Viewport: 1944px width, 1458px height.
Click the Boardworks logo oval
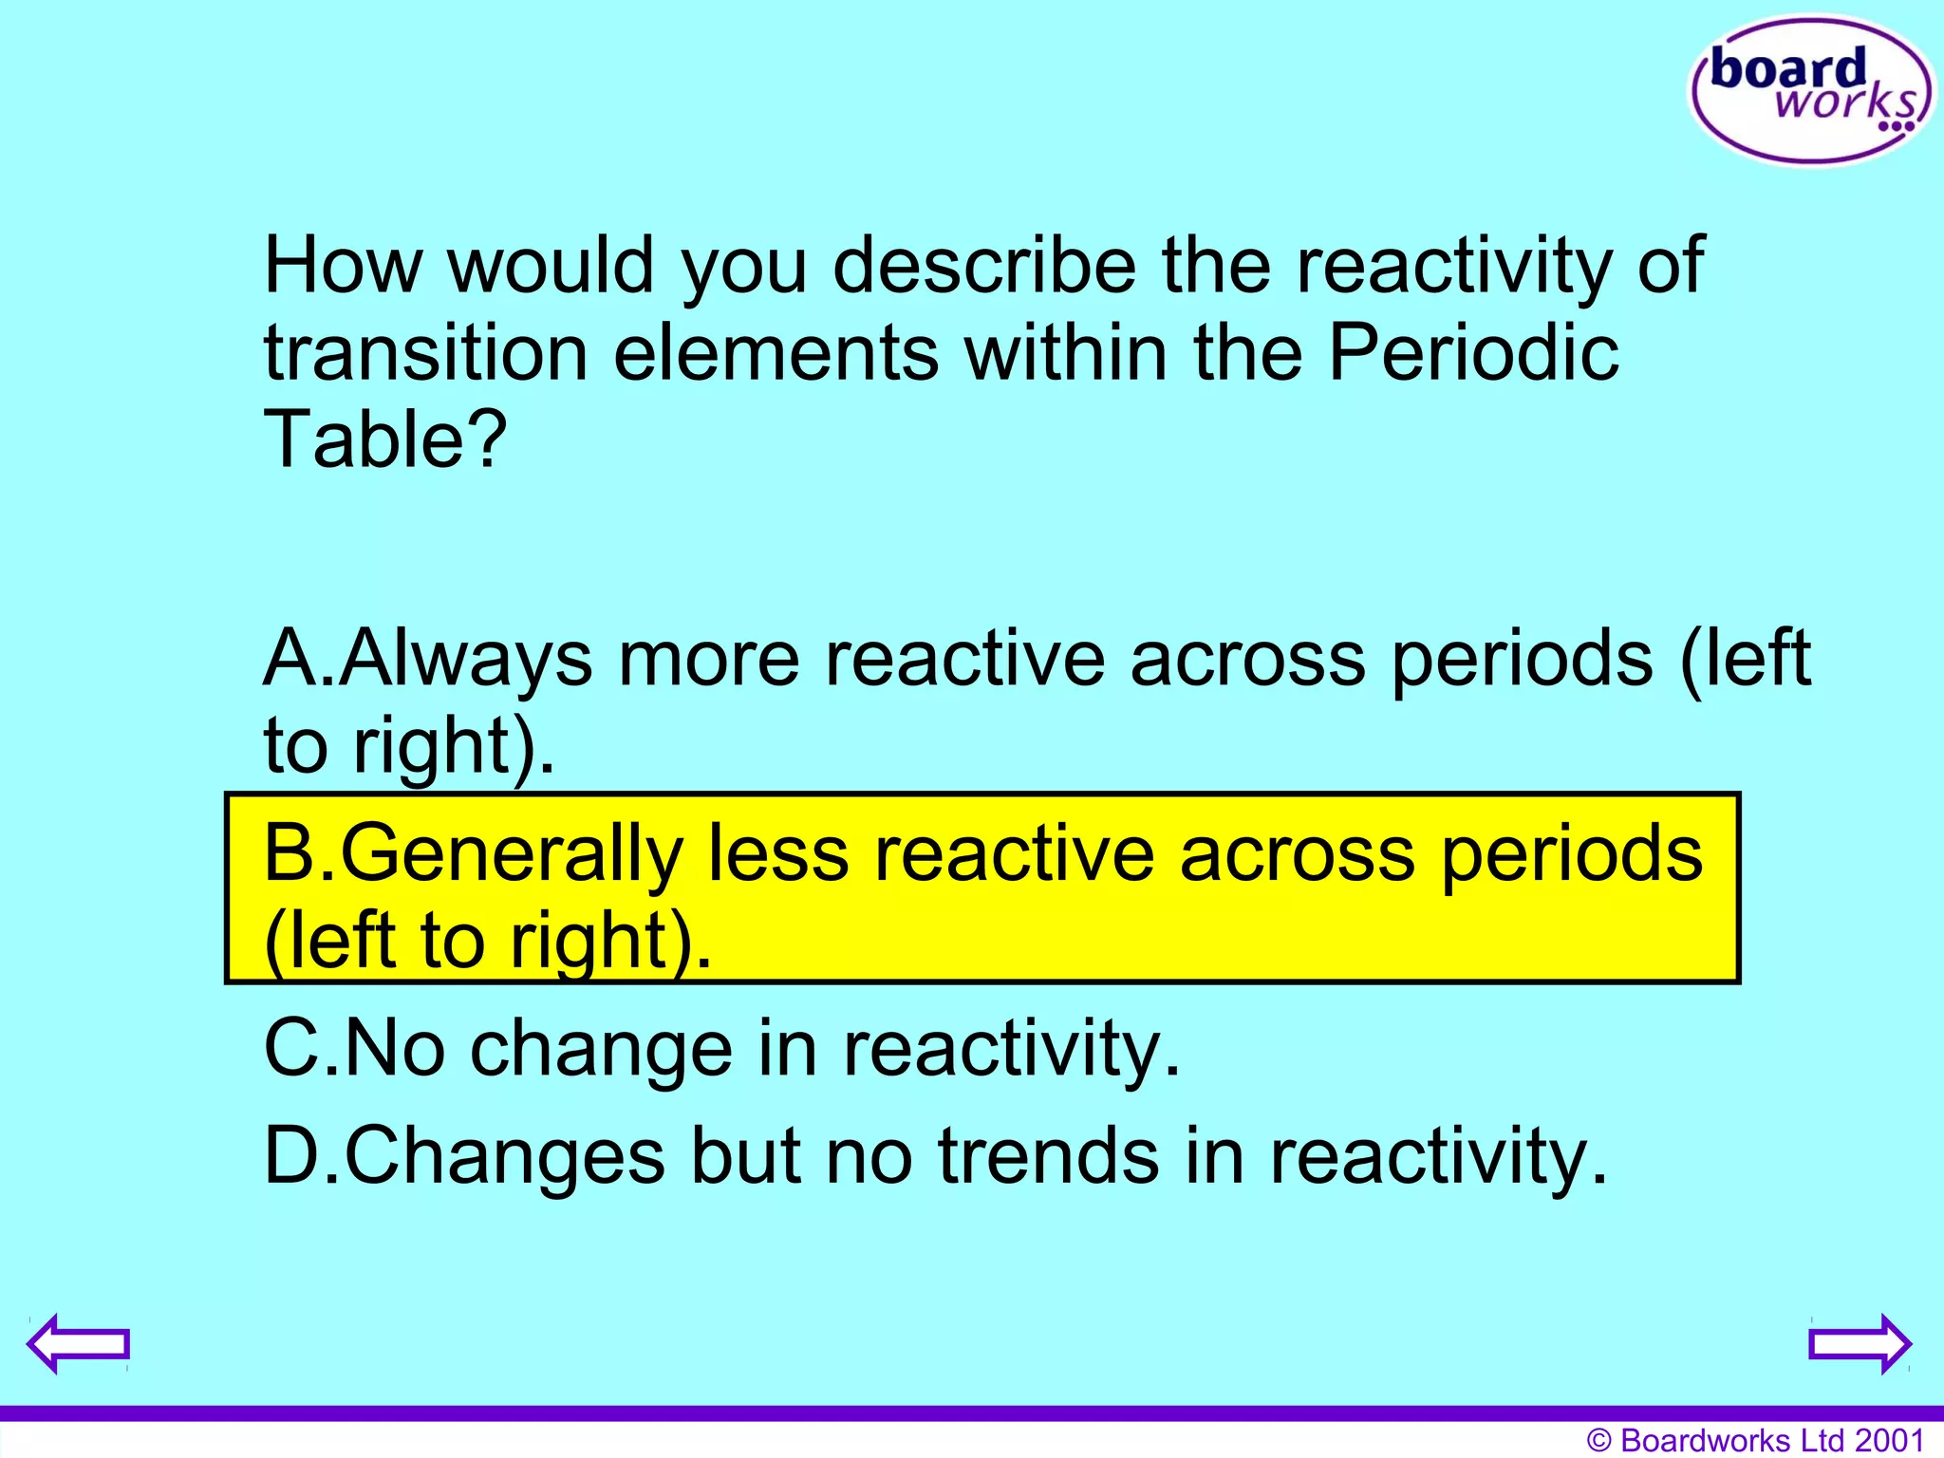tap(1811, 91)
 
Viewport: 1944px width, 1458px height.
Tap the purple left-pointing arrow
tap(78, 1343)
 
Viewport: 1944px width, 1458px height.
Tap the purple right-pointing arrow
tap(1860, 1343)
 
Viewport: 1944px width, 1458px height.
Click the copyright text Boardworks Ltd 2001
tap(1755, 1440)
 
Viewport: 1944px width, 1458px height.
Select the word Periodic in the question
tap(1472, 353)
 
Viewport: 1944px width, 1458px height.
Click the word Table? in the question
tap(385, 439)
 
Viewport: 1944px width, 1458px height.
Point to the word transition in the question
tap(426, 353)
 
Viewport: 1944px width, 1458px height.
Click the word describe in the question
tap(984, 266)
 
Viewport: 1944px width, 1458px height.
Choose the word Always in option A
tap(466, 659)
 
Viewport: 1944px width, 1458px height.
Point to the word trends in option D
tap(1048, 1156)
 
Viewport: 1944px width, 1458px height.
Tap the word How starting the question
tap(342, 266)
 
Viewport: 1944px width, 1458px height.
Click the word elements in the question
tap(776, 353)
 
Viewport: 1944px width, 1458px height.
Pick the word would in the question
tap(551, 266)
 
